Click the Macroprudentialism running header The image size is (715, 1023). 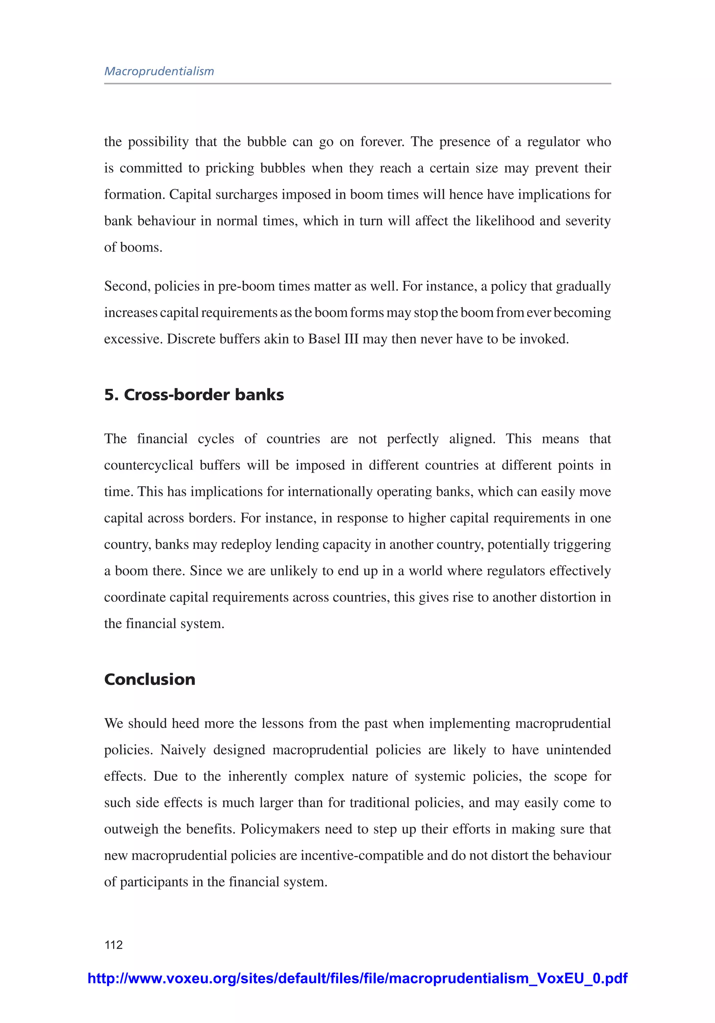(x=159, y=71)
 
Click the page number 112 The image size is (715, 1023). (x=113, y=944)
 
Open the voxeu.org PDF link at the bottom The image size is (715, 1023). (x=357, y=978)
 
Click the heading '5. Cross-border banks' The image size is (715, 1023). (x=194, y=395)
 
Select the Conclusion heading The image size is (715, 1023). (x=150, y=679)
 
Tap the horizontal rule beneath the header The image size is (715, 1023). (x=357, y=83)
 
